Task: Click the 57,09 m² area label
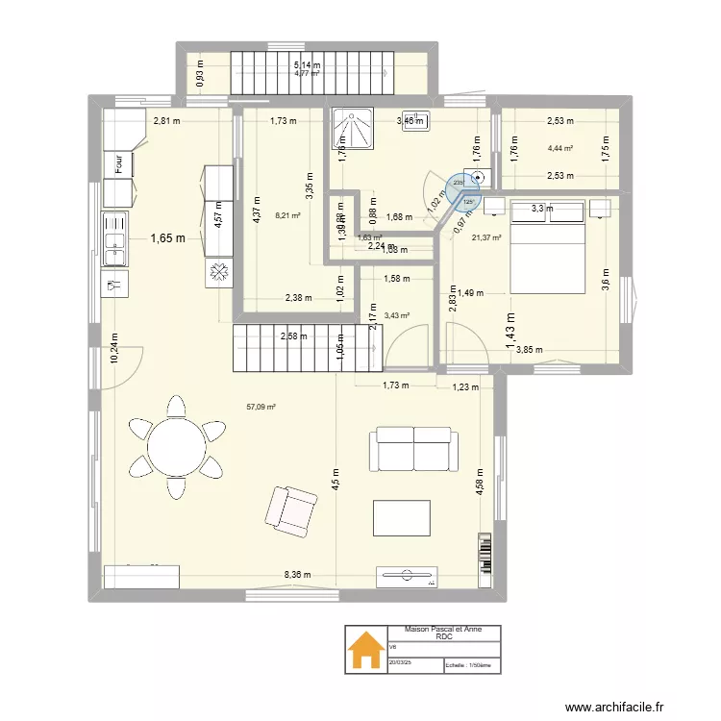click(261, 407)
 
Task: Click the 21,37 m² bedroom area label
click(487, 237)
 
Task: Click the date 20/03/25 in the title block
click(400, 661)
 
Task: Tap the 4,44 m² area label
click(560, 148)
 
